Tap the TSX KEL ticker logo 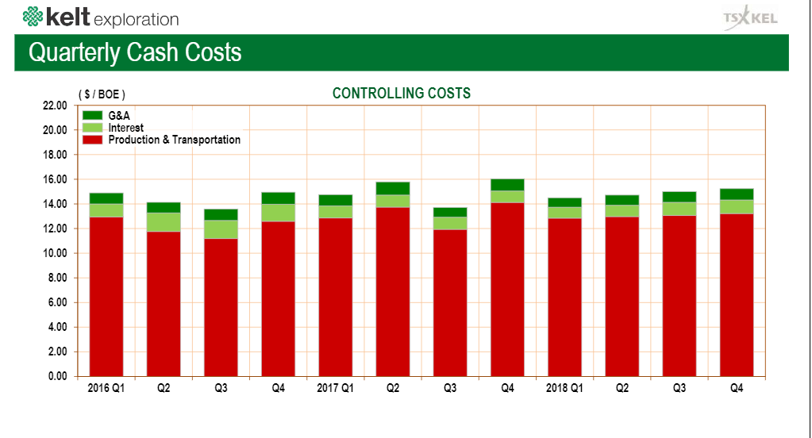[751, 18]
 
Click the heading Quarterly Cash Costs [135, 52]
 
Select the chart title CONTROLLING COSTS [401, 94]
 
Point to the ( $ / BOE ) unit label [102, 94]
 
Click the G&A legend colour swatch [93, 116]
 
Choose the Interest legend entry [125, 128]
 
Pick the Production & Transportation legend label [174, 140]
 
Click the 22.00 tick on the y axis [55, 106]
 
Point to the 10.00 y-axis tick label [55, 253]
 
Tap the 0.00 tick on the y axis [57, 376]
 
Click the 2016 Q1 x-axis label [106, 389]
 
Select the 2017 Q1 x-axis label [335, 389]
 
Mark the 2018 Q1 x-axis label [564, 389]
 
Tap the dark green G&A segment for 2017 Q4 [507, 185]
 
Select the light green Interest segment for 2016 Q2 [164, 222]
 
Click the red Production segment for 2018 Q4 [737, 294]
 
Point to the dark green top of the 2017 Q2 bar [393, 188]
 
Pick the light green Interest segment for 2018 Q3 [679, 209]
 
